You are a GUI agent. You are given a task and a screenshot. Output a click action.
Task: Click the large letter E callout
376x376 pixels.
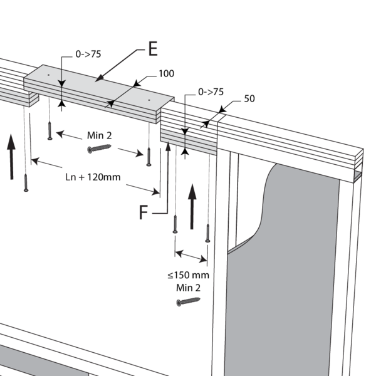tap(153, 49)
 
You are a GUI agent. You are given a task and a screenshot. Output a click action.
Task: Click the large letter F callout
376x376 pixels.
tap(144, 212)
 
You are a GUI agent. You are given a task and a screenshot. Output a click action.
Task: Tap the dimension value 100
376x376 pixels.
tap(167, 73)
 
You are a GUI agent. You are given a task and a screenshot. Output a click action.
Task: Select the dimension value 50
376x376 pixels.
tap(249, 99)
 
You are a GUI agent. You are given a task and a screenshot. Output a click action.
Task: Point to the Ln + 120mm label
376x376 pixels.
tap(93, 177)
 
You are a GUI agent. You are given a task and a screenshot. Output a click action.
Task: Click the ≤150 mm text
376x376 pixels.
tap(188, 275)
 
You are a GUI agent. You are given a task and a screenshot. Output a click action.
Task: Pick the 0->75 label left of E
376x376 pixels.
tap(88, 54)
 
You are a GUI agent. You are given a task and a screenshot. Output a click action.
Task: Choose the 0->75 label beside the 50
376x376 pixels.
tap(211, 92)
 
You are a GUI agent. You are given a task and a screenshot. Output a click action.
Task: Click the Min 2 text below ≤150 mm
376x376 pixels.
tap(188, 288)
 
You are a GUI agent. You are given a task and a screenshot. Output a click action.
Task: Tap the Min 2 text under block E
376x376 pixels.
tap(99, 135)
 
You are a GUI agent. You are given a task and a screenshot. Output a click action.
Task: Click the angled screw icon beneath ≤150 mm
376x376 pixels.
tap(188, 301)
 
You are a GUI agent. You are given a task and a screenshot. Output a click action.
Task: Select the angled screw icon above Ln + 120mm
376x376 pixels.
tap(99, 149)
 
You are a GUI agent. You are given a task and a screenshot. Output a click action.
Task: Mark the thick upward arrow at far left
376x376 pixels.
tap(11, 157)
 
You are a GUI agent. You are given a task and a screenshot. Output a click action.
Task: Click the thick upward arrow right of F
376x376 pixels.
tap(192, 206)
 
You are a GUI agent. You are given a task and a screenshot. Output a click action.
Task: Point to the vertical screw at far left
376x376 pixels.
tap(26, 183)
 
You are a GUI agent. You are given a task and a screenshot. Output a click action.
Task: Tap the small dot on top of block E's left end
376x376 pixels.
tap(49, 75)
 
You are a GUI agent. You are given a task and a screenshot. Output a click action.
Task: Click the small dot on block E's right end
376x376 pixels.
tap(149, 100)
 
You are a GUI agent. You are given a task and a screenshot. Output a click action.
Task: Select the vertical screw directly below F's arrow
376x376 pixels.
tap(175, 224)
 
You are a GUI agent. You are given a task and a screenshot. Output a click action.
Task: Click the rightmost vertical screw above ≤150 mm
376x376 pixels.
tap(207, 233)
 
